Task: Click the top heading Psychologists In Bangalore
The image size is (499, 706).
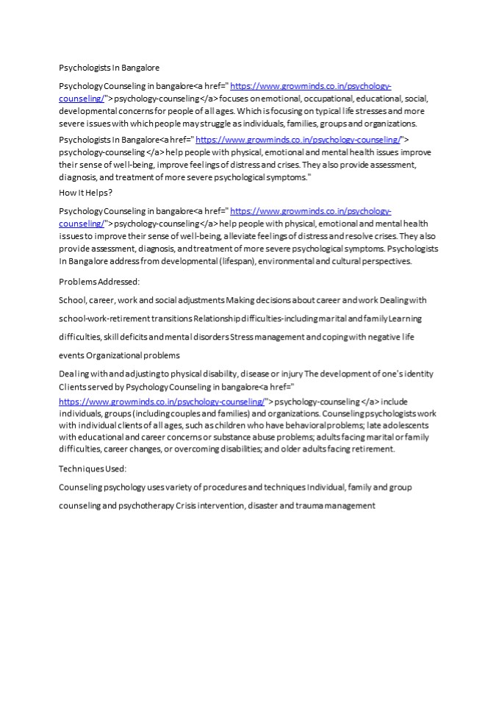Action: (x=109, y=67)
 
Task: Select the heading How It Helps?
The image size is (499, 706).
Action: (x=85, y=193)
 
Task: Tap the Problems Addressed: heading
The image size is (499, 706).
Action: (x=98, y=281)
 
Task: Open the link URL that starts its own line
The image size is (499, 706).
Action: (x=162, y=402)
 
